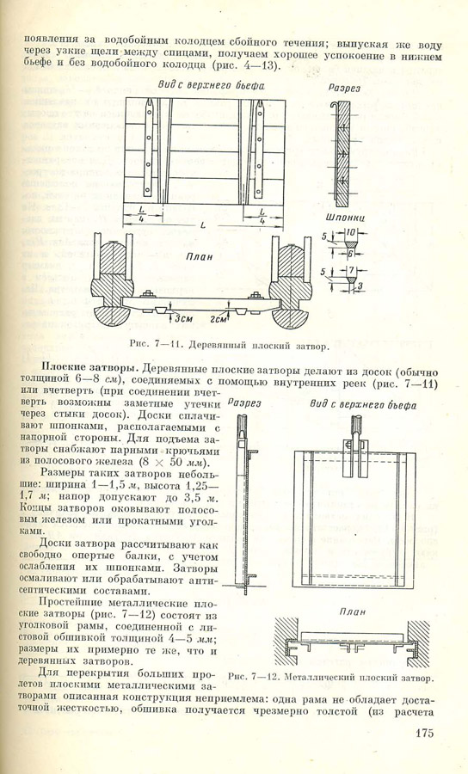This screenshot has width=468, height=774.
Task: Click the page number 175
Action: click(x=424, y=733)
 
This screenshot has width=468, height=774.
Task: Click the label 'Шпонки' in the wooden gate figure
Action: click(x=345, y=218)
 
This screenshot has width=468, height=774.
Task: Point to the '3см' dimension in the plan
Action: click(x=183, y=319)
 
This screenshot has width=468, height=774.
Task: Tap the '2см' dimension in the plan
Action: click(x=218, y=319)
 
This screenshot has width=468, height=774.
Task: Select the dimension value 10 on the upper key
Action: click(x=351, y=232)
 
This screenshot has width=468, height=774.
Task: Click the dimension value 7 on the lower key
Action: click(x=351, y=272)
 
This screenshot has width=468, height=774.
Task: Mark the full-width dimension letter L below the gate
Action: click(x=203, y=225)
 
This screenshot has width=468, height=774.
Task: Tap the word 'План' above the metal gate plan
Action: click(x=352, y=611)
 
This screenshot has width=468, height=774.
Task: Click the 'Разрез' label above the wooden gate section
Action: click(x=344, y=89)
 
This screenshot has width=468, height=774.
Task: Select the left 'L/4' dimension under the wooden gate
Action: click(x=142, y=215)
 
